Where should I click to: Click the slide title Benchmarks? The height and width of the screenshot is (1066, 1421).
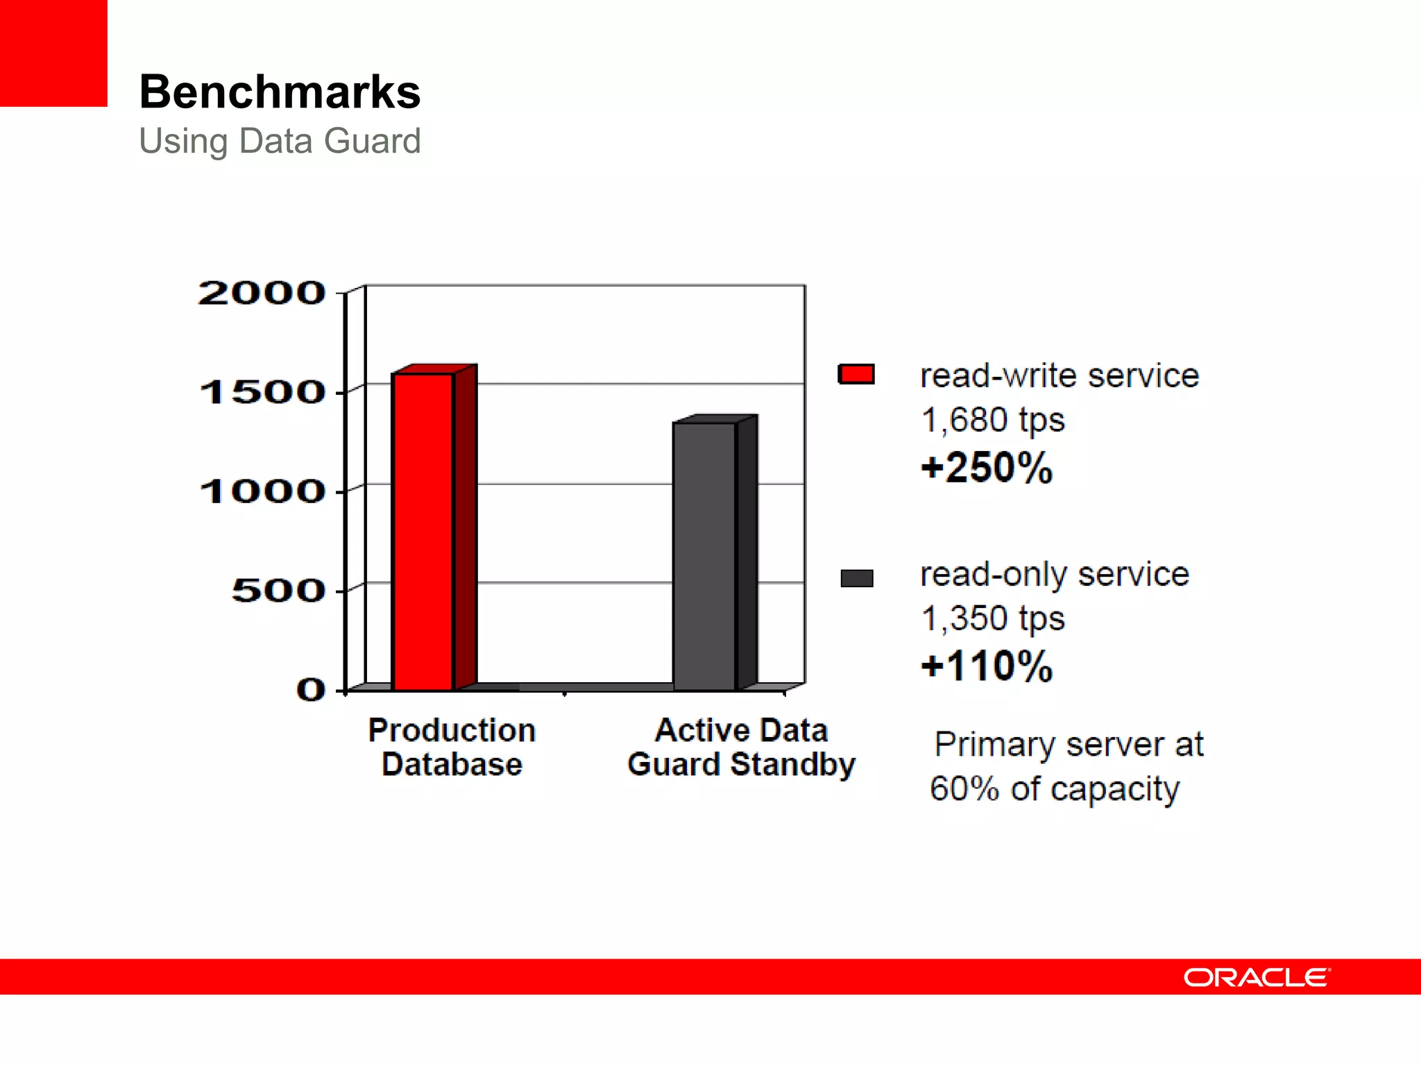click(x=280, y=92)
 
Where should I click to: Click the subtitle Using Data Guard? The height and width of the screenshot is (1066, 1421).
click(x=280, y=141)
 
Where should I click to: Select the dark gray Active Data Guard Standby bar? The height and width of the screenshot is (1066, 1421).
click(x=704, y=555)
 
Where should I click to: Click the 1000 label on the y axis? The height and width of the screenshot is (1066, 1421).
click(x=262, y=491)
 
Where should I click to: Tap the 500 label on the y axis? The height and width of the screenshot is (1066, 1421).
click(x=278, y=591)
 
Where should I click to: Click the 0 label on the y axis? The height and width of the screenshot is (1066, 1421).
click(x=310, y=690)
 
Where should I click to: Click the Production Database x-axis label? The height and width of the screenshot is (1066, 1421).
click(x=452, y=747)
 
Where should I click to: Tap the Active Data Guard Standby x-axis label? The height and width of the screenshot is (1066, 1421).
click(x=741, y=747)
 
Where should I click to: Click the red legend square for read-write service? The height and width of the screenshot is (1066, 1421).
click(x=856, y=374)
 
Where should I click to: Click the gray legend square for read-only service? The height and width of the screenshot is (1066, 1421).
click(x=856, y=578)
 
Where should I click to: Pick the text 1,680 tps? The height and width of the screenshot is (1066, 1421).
click(x=992, y=420)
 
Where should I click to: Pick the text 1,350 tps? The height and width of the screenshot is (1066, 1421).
click(x=992, y=618)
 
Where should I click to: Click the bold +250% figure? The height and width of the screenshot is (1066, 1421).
click(x=987, y=467)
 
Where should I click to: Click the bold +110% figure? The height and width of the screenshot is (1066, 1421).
click(x=987, y=666)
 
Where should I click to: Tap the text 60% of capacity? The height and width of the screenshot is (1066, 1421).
click(x=1054, y=789)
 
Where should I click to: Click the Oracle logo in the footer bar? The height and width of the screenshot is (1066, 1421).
click(x=1256, y=977)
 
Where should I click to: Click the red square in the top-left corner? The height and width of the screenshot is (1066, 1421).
click(x=53, y=53)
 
